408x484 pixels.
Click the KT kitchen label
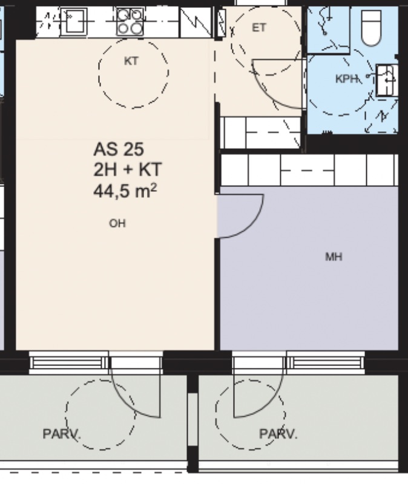pyautogui.click(x=131, y=61)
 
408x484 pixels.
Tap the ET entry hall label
pyautogui.click(x=259, y=28)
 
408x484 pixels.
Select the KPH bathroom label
pyautogui.click(x=346, y=79)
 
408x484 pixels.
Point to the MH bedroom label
pyautogui.click(x=334, y=257)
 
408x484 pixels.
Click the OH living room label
pyautogui.click(x=117, y=223)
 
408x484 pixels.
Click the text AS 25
pyautogui.click(x=119, y=149)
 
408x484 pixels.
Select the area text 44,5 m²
pyautogui.click(x=125, y=191)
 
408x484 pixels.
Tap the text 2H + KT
pyautogui.click(x=127, y=170)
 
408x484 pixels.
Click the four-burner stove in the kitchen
pyautogui.click(x=130, y=22)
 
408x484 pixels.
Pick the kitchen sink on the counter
pyautogui.click(x=74, y=21)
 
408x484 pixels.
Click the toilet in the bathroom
pyautogui.click(x=371, y=28)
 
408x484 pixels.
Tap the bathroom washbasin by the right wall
pyautogui.click(x=387, y=80)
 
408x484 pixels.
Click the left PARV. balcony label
pyautogui.click(x=62, y=434)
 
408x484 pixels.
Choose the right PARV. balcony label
pyautogui.click(x=278, y=434)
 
